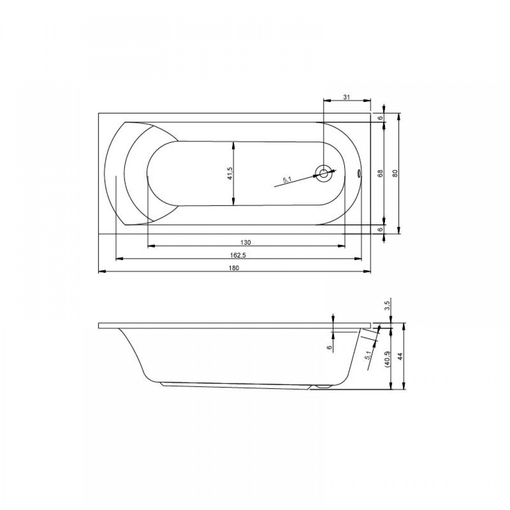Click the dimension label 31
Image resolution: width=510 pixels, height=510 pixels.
coord(346,96)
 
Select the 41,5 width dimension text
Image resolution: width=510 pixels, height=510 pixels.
coord(230,173)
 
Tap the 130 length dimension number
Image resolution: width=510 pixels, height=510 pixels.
coord(246,242)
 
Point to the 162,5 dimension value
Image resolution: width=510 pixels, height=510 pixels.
coord(238,256)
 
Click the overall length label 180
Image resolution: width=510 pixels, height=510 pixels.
coord(234,268)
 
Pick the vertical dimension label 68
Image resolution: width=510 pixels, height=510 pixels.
coord(380,173)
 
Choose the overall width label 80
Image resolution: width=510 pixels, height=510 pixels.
coord(395,173)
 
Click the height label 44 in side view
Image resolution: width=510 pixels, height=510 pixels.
coord(400,356)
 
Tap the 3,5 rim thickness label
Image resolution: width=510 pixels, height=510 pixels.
coord(387,306)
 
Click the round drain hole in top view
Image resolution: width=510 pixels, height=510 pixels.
coord(324,173)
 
